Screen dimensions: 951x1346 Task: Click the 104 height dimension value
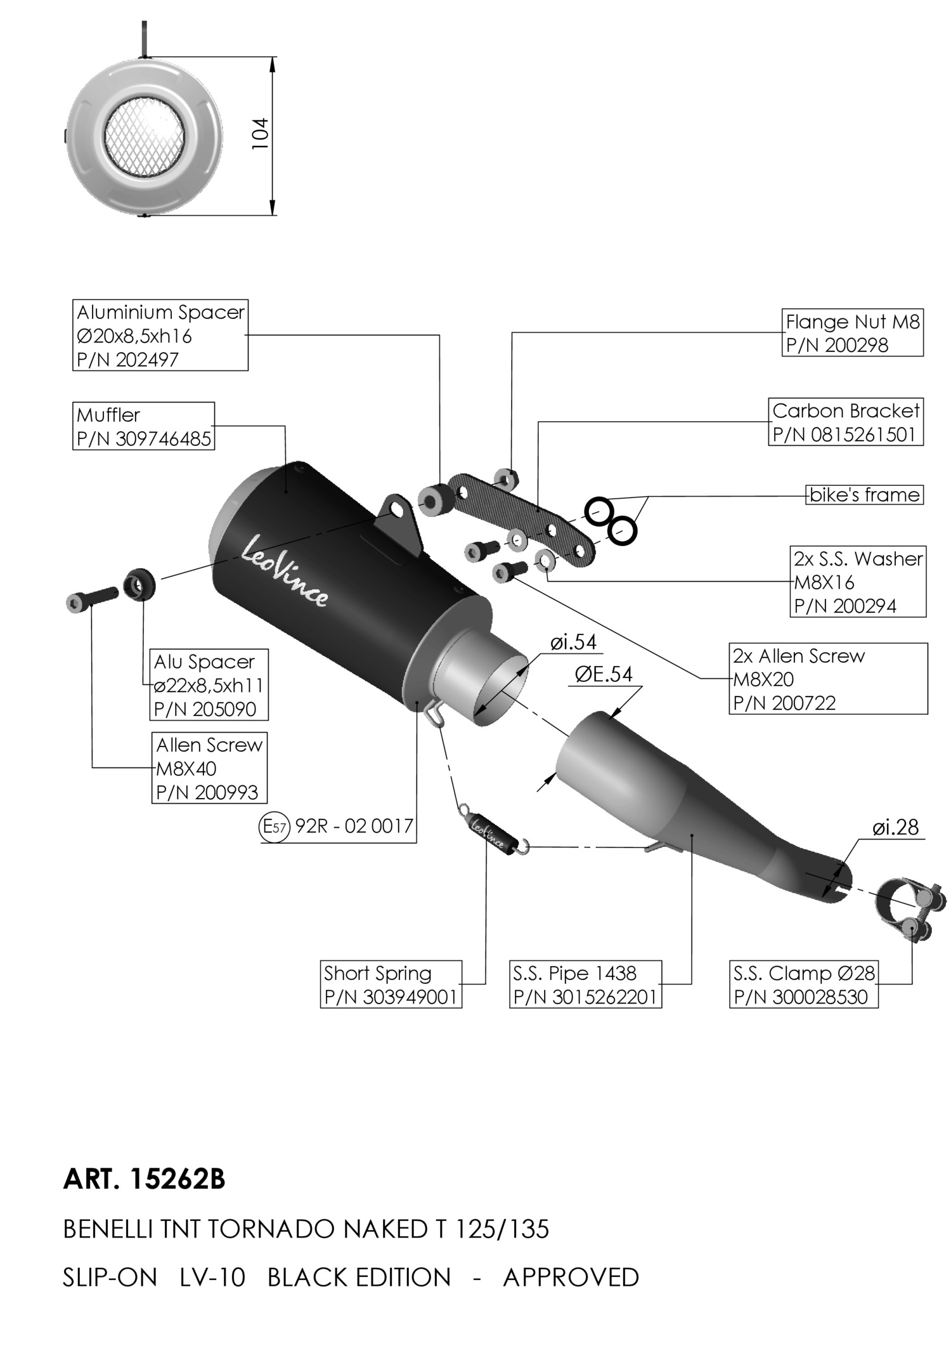click(x=261, y=134)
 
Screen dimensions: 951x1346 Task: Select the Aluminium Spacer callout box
click(x=160, y=335)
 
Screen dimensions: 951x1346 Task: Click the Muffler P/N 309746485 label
click(x=143, y=426)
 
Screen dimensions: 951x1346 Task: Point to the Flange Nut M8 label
click(x=852, y=333)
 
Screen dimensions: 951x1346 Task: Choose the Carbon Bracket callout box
click(x=846, y=422)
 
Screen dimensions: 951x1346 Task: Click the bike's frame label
click(x=864, y=495)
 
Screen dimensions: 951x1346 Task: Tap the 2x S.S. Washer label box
click(x=858, y=582)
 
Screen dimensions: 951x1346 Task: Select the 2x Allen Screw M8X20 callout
click(x=828, y=679)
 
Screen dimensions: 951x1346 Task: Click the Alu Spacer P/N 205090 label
click(x=209, y=684)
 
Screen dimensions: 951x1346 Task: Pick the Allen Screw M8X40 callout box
click(x=209, y=768)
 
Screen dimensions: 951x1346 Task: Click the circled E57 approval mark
click(x=275, y=827)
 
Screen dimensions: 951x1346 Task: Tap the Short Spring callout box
click(x=391, y=984)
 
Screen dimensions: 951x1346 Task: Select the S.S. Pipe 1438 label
click(x=585, y=984)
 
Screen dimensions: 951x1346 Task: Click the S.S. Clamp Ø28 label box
click(x=804, y=984)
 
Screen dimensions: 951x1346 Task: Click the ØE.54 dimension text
click(x=604, y=674)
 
